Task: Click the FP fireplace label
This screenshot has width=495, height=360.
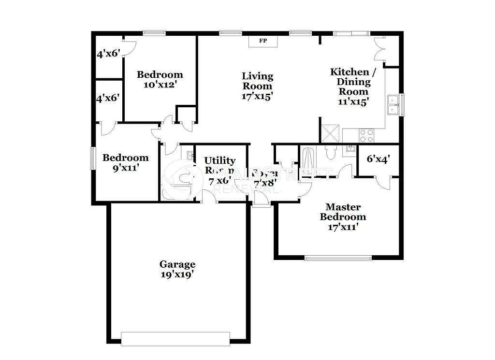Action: [x=263, y=41]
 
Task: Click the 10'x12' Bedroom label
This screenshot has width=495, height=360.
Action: [x=160, y=80]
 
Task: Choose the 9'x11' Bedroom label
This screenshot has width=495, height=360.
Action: [x=125, y=163]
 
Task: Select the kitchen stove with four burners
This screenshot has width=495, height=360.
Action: [x=366, y=135]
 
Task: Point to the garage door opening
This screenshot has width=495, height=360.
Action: [x=175, y=339]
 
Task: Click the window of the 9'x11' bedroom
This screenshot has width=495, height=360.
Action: [x=93, y=158]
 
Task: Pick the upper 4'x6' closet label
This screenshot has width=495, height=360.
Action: [x=108, y=54]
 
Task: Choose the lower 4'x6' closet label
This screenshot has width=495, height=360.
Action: [x=108, y=98]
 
